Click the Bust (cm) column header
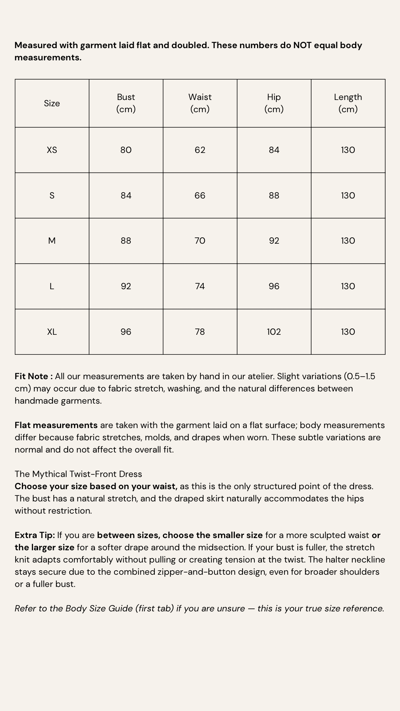pos(126,103)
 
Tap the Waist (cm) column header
pos(200,103)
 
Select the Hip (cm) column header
pos(274,103)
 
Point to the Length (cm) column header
pos(348,103)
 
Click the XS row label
pos(52,150)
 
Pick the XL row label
pos(52,332)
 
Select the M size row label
pos(52,241)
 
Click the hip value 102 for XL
pos(274,332)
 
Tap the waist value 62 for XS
pos(200,150)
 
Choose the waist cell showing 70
pos(200,241)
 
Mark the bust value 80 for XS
pos(126,150)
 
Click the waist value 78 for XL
pos(200,332)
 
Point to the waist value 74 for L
pos(200,286)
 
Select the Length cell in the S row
pos(348,196)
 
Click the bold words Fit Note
pos(32,376)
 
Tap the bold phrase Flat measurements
pos(56,425)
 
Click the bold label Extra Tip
pos(34,535)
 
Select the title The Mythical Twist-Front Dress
pos(78,474)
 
